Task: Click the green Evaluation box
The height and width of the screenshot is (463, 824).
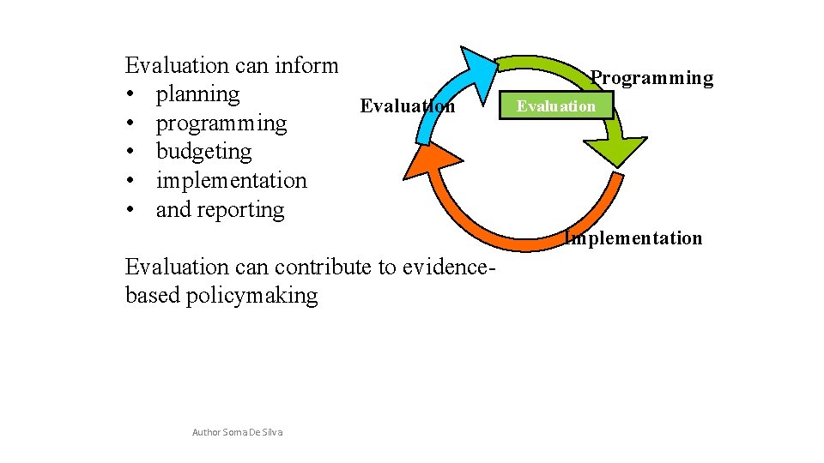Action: pos(555,106)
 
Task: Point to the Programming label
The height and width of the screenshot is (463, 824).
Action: pos(652,78)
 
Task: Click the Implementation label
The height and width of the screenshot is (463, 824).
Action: pos(633,238)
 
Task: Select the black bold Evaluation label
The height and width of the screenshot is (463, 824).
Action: pos(408,106)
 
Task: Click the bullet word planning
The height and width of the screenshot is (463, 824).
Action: pos(197,93)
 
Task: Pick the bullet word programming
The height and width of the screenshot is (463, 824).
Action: pos(221,123)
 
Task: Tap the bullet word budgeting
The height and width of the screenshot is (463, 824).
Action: pos(203,152)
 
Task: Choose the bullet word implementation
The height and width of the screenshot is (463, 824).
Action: pos(231,181)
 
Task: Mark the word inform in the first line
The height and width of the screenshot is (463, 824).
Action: pos(307,65)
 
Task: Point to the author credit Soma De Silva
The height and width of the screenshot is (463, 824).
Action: pos(238,432)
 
